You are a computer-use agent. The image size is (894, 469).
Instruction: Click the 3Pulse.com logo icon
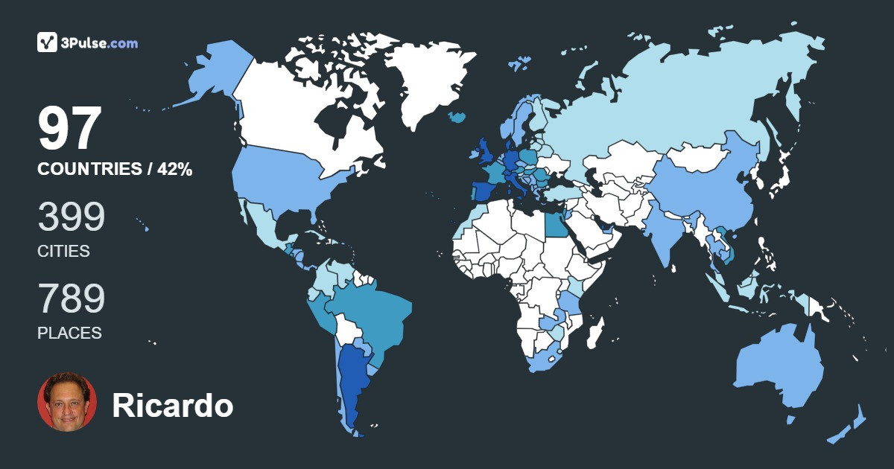[48, 42]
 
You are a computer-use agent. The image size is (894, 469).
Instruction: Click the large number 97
[69, 130]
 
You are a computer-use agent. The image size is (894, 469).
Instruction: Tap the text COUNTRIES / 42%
[115, 170]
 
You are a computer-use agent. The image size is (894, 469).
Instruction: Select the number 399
[72, 217]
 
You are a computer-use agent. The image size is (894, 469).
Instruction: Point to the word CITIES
[63, 252]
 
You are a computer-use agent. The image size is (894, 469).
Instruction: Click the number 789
[72, 299]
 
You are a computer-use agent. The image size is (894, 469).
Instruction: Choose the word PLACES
[69, 334]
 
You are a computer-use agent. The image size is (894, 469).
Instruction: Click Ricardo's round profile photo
[67, 401]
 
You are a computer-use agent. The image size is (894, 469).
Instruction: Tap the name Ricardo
[172, 406]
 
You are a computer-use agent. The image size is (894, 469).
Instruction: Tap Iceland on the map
[457, 117]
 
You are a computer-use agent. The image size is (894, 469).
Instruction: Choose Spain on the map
[481, 191]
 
